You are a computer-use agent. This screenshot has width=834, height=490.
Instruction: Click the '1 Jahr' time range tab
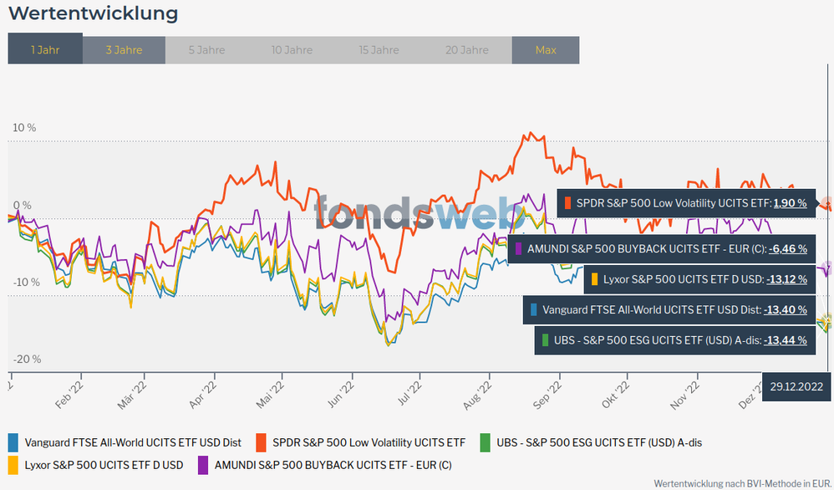click(45, 49)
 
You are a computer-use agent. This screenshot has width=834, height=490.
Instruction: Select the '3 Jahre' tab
click(124, 49)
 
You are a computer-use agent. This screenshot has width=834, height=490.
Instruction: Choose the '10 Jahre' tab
click(292, 49)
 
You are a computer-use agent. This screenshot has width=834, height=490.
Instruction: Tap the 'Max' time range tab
click(546, 49)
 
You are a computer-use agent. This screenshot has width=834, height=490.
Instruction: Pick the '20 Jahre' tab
click(467, 49)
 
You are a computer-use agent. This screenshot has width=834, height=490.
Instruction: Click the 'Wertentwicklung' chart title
click(93, 13)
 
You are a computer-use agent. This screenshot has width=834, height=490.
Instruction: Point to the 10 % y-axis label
click(24, 128)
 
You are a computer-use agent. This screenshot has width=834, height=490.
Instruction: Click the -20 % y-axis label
click(27, 359)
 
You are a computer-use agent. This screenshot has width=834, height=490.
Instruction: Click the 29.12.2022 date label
click(797, 385)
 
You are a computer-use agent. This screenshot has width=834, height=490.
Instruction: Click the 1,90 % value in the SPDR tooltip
click(789, 203)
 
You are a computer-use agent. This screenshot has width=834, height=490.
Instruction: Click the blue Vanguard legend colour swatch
click(13, 442)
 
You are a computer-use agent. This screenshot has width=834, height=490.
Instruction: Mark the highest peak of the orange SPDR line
click(527, 132)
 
